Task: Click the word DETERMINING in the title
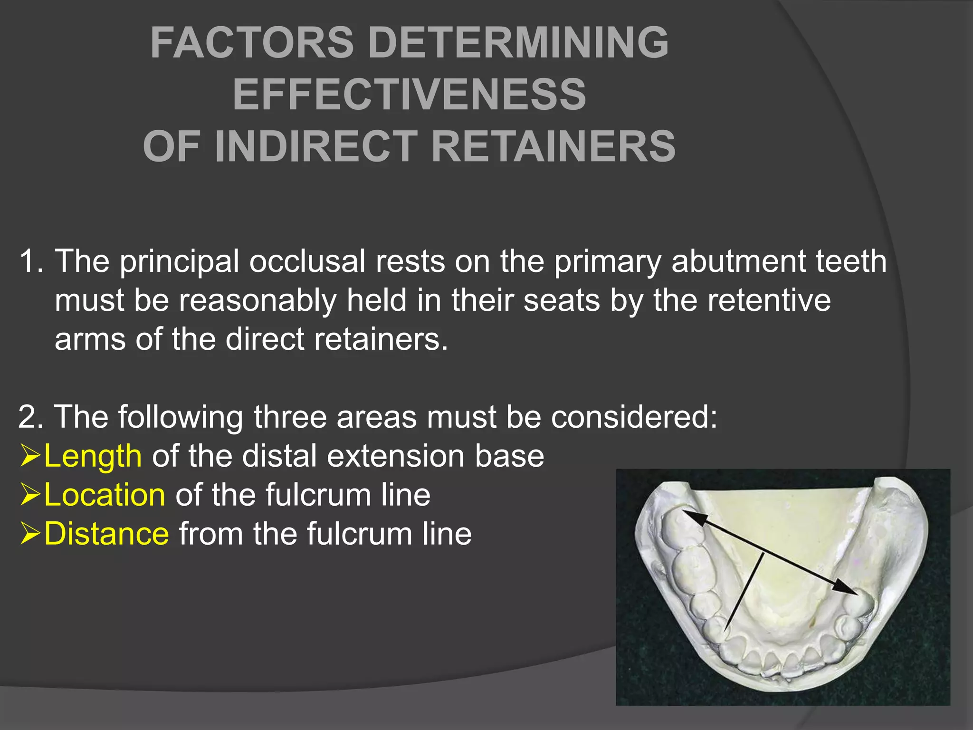(x=518, y=43)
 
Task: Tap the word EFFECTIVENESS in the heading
(x=410, y=95)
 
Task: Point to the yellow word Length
(x=93, y=456)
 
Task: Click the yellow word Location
(x=105, y=495)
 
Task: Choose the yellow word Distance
(x=106, y=534)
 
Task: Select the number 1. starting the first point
(x=31, y=261)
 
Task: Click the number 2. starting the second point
(x=30, y=417)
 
